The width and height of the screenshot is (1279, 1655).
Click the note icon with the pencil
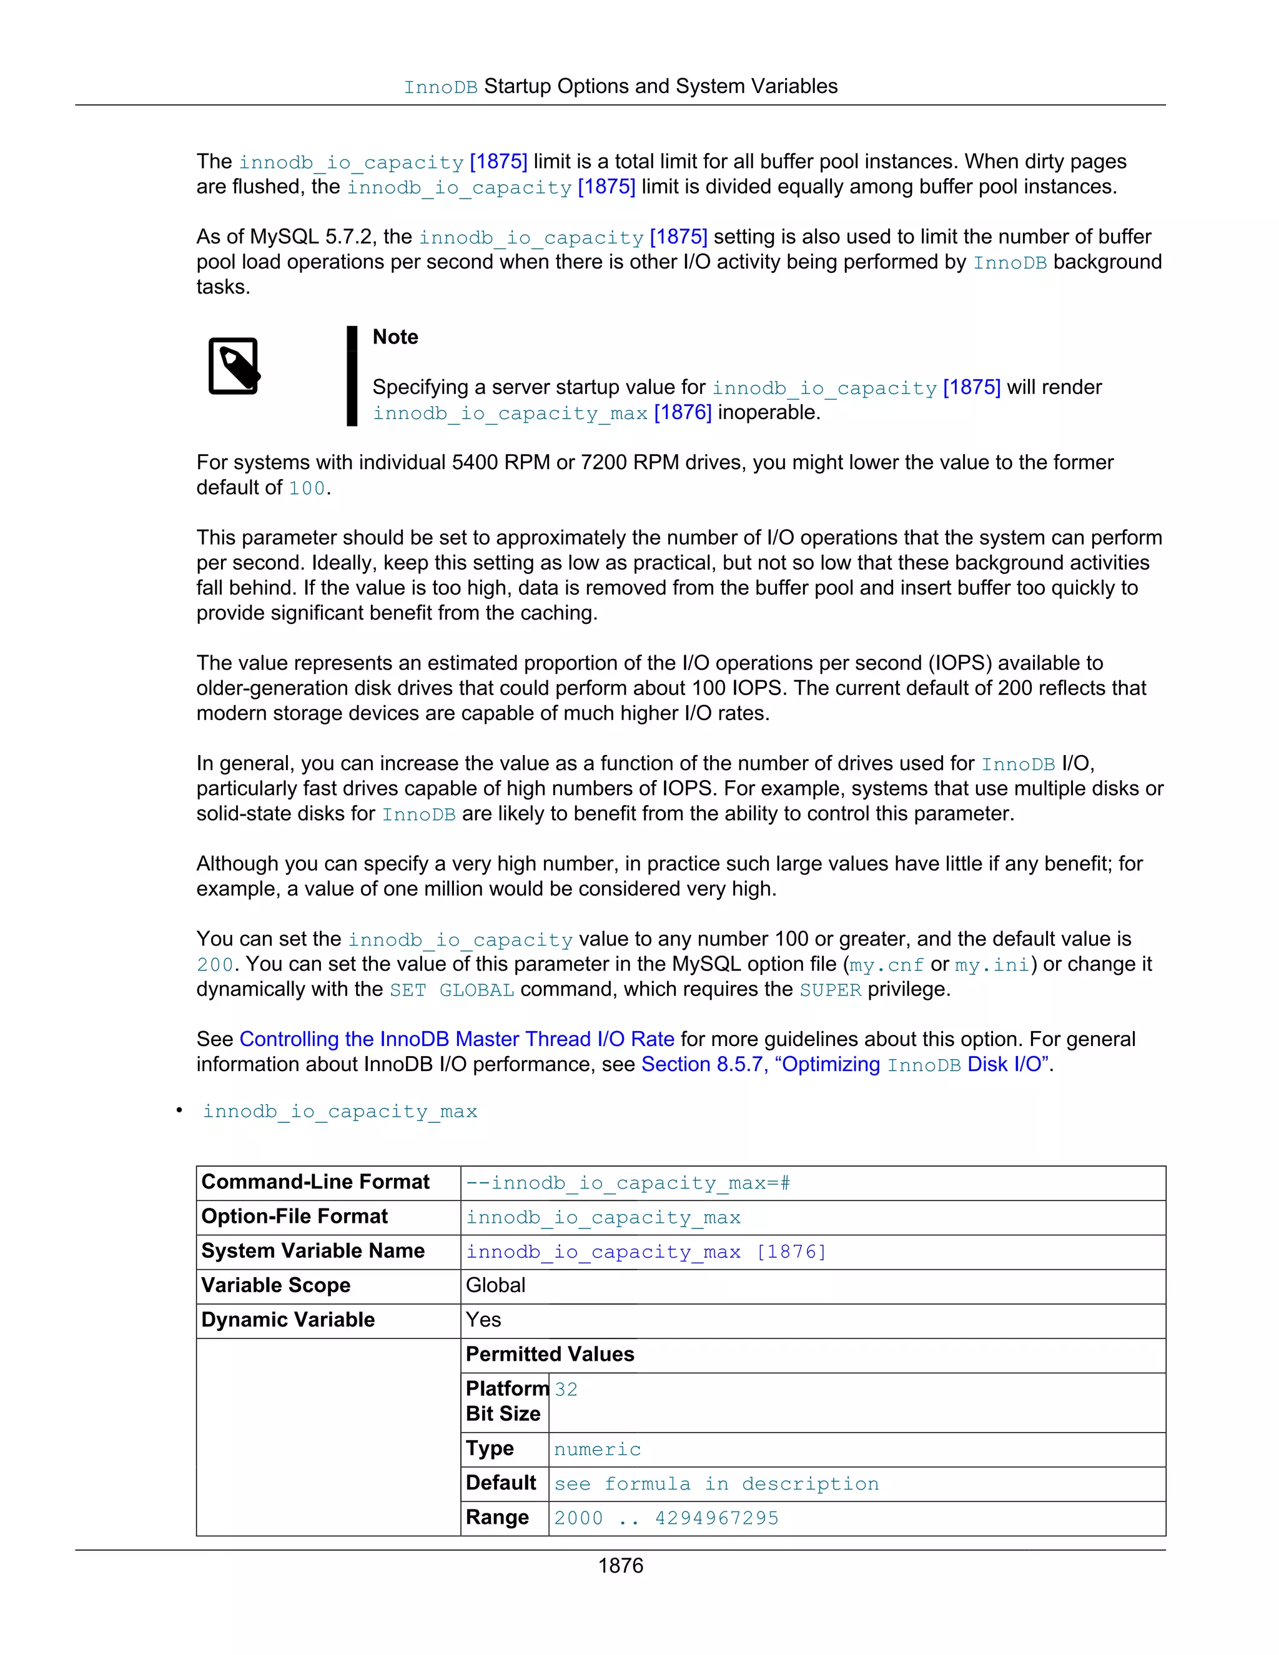pos(234,366)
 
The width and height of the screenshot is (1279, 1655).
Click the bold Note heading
pos(395,337)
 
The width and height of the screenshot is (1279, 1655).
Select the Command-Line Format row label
pos(315,1182)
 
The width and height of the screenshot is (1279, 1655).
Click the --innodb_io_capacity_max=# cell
pos(628,1183)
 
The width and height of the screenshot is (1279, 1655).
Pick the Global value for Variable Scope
pos(495,1285)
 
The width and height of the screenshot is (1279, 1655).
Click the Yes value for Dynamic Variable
pos(483,1319)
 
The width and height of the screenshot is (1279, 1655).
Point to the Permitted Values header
pos(550,1354)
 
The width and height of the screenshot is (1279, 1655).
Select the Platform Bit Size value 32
pos(566,1389)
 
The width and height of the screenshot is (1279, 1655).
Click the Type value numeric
pos(597,1449)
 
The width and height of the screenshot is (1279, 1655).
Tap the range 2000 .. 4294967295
pos(665,1518)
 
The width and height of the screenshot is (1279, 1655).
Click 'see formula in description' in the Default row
pos(716,1484)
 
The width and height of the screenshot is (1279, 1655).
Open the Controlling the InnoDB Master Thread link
pos(456,1039)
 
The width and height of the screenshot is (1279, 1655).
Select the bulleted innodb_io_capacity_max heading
pos(340,1111)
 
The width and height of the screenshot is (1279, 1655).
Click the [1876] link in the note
pos(682,412)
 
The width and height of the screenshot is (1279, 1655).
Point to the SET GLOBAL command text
pos(452,990)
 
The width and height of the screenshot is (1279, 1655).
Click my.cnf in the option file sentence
pos(886,965)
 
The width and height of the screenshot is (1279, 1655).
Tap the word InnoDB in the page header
pos(440,87)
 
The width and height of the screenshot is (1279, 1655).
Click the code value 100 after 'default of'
pos(306,488)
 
